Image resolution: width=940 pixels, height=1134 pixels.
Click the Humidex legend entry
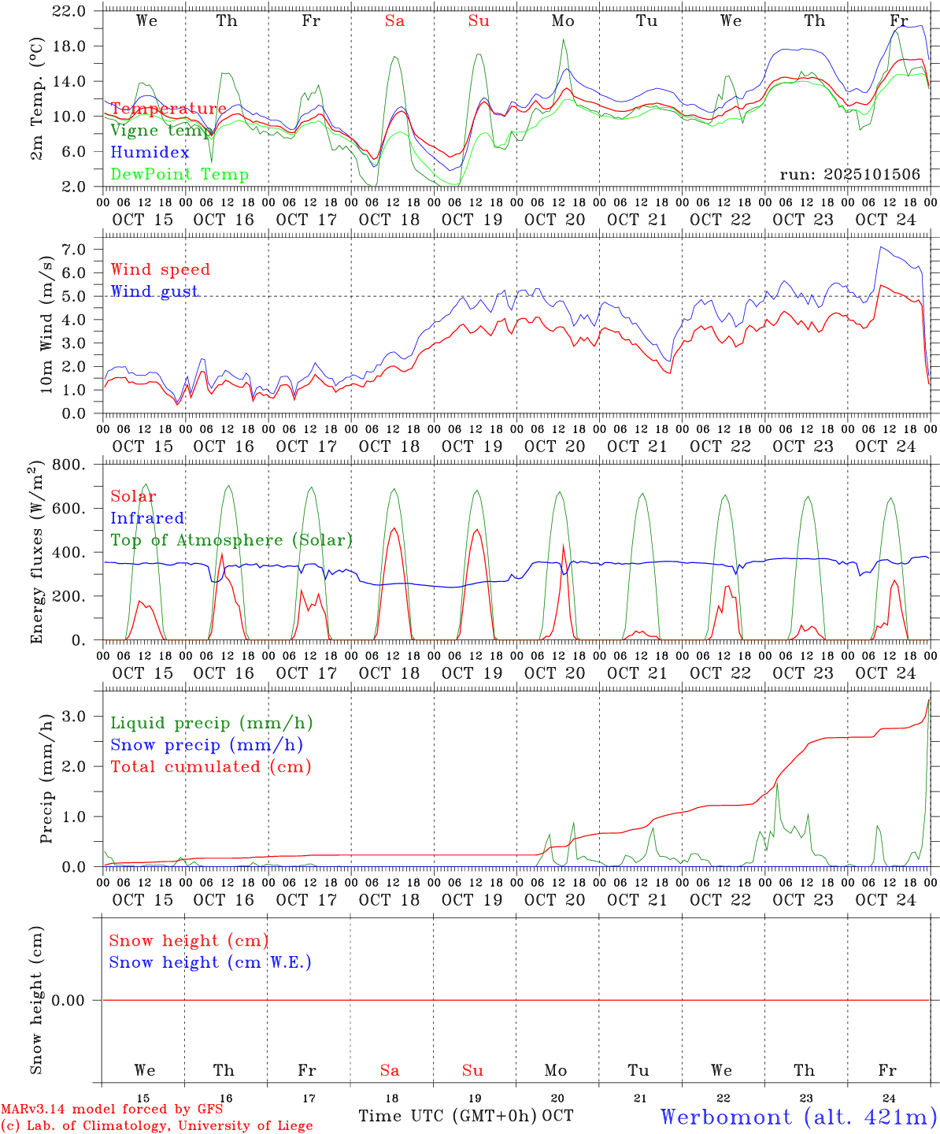pos(150,153)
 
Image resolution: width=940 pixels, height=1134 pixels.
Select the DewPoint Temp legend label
pos(179,175)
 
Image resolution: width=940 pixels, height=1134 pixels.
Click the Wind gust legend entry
pos(154,291)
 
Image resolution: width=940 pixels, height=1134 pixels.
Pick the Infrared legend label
pos(147,518)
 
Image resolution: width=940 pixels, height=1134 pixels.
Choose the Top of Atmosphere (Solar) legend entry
pos(231,540)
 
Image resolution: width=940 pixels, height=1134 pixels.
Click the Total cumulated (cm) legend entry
pos(210,767)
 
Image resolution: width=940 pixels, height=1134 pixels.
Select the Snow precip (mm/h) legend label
pos(206,745)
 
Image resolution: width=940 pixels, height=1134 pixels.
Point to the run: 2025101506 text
pos(849,175)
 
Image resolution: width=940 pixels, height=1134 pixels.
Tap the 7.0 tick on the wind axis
pos(79,250)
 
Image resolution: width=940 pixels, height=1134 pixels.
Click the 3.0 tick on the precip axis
pos(79,716)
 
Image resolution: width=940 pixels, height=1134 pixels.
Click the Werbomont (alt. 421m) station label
pos(798,1117)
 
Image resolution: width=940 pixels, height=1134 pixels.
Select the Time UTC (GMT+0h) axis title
pos(448,1116)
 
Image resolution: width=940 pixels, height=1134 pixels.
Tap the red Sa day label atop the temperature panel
pos(394,21)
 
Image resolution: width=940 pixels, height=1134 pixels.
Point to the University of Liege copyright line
pos(156,1126)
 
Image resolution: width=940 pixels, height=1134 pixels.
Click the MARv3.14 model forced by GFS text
pos(112,1110)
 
